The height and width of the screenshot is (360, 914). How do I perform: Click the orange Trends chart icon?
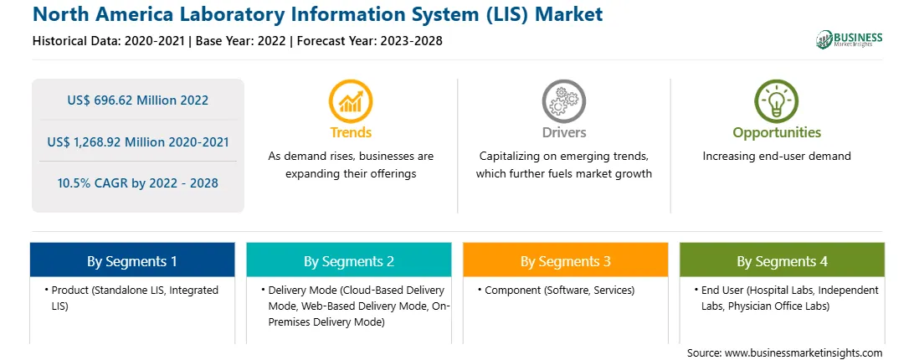[351, 101]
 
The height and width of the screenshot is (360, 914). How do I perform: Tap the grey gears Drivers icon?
[563, 101]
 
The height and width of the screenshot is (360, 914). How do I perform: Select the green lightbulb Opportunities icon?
[777, 101]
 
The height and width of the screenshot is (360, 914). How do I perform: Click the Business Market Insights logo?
[850, 39]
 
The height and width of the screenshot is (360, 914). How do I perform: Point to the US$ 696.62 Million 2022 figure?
[137, 100]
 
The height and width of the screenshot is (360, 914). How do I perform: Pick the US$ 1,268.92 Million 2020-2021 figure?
[137, 141]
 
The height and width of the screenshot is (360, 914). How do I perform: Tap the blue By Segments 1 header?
[132, 260]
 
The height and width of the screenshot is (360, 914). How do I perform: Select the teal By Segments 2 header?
[348, 260]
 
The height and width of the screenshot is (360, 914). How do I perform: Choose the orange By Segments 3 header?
[566, 260]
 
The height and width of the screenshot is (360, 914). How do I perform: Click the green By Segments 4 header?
[783, 260]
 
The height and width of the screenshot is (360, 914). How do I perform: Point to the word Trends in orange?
[351, 132]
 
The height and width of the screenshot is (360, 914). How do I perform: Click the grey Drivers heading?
[564, 132]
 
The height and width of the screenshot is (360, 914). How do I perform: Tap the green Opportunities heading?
[777, 133]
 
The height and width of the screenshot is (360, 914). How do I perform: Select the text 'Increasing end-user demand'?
[777, 157]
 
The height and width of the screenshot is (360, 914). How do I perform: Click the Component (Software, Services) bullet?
[559, 290]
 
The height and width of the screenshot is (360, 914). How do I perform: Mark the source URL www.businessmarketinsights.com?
[804, 353]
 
